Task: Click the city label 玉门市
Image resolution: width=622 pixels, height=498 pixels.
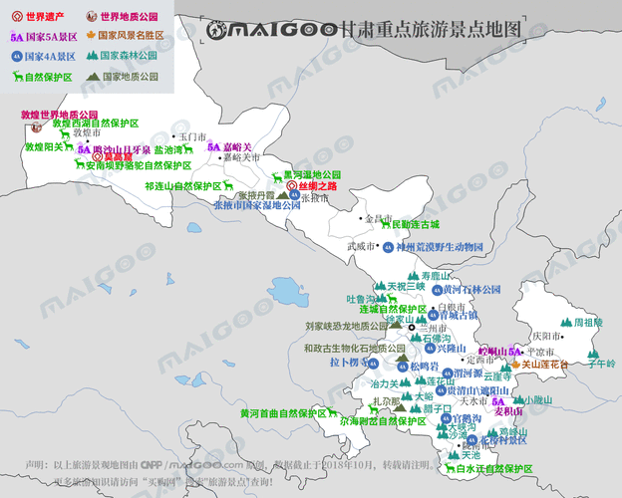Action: [190, 136]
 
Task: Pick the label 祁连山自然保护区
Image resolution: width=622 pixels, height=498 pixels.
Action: [182, 186]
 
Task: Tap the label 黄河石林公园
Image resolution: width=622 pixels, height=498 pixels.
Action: [468, 289]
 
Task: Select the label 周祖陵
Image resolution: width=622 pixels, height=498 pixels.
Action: [587, 323]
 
